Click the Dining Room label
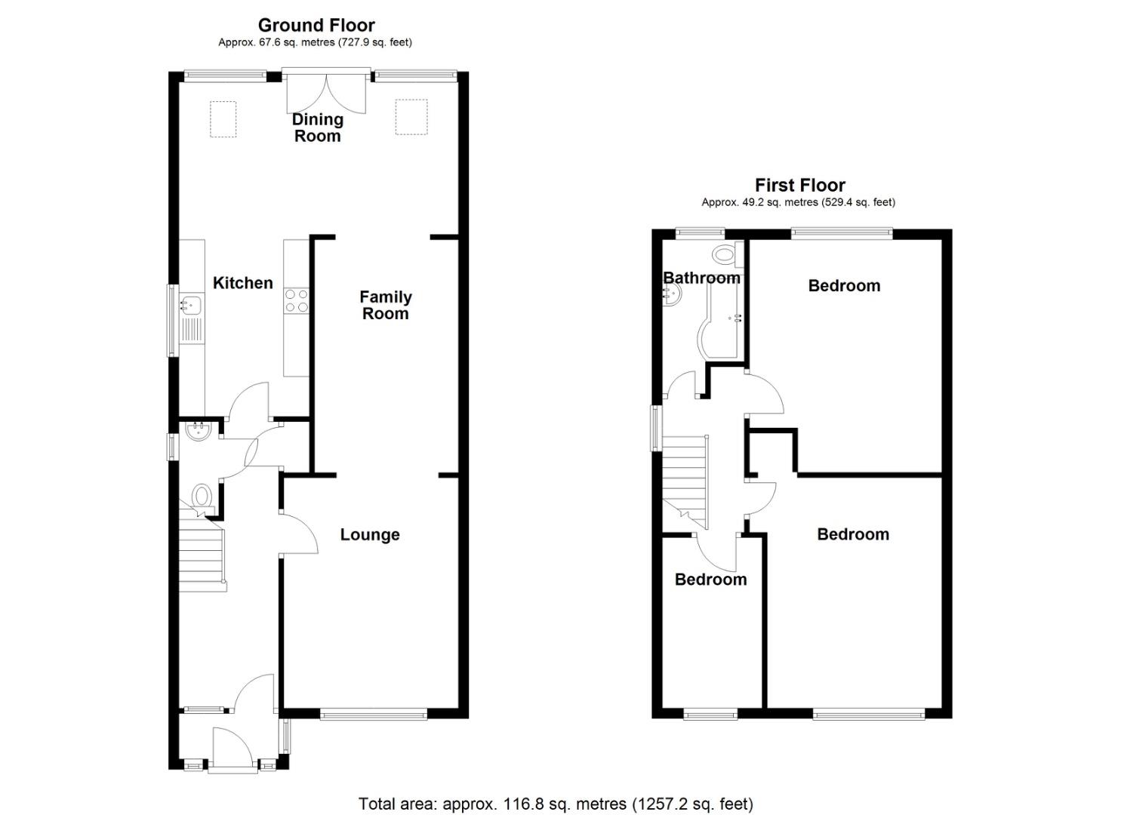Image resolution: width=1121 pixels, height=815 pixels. click(317, 128)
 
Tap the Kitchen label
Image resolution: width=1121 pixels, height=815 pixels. click(242, 283)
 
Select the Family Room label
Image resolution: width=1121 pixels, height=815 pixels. click(385, 305)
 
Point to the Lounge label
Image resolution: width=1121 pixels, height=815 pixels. click(370, 535)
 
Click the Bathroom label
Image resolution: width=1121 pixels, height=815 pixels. click(701, 278)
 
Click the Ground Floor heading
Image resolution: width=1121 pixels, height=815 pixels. click(316, 26)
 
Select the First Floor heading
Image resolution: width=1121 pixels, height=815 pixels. click(799, 185)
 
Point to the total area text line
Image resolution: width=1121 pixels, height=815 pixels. click(556, 804)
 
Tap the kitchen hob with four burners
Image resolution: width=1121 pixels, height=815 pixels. click(296, 301)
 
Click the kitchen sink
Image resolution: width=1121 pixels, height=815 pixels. click(190, 306)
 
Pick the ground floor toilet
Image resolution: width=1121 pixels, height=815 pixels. click(202, 498)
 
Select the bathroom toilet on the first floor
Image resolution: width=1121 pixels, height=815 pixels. click(725, 255)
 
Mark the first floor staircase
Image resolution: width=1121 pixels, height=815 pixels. click(685, 479)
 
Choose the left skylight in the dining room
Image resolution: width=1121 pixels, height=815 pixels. click(223, 119)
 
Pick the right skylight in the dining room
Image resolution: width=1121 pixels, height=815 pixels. click(412, 117)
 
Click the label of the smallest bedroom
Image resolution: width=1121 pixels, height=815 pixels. click(710, 580)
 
